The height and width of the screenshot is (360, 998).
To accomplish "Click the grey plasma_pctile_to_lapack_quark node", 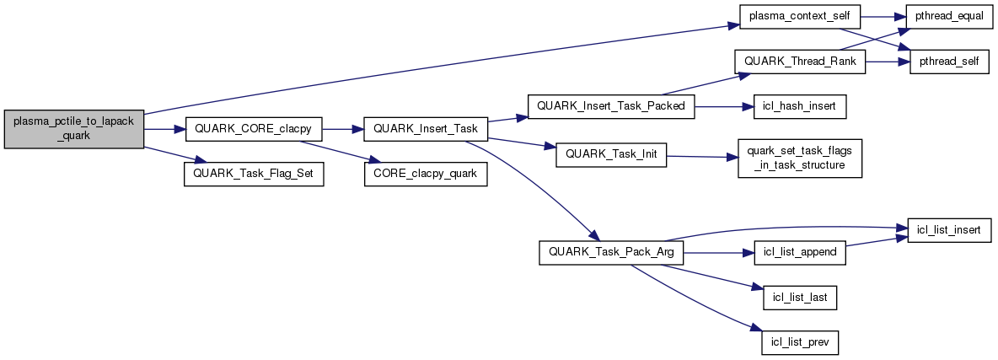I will click(74, 129).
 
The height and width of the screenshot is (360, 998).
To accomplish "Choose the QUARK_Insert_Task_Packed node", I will click(610, 107).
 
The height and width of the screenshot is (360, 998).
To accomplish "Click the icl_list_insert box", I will click(947, 231).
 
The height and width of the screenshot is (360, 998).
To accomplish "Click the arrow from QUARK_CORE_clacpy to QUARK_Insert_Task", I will click(341, 129).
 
